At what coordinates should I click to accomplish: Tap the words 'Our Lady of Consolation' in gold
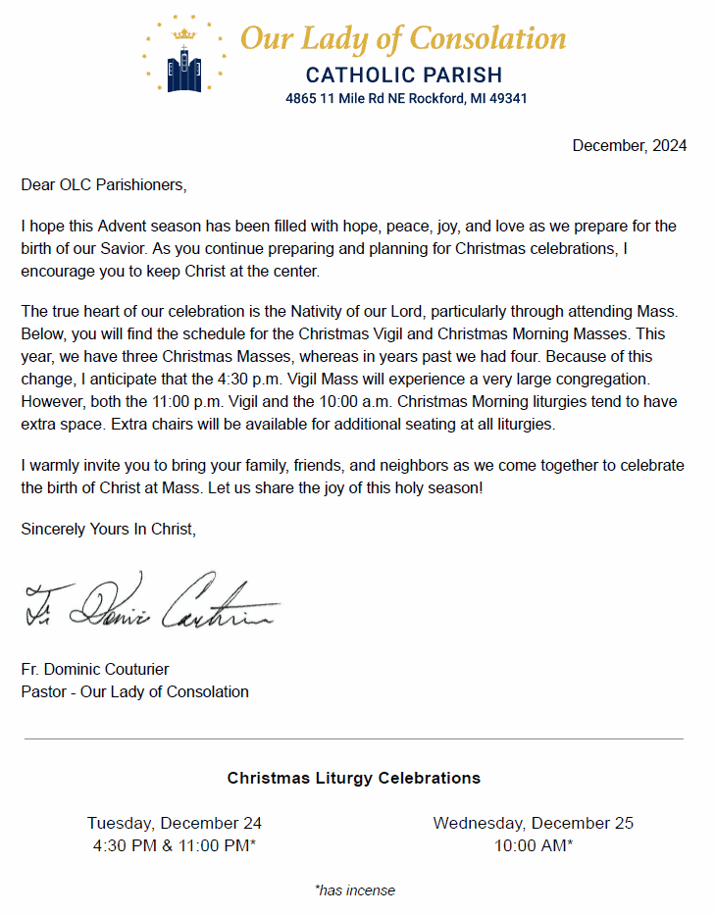coord(403,38)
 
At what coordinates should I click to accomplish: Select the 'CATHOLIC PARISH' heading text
coord(404,75)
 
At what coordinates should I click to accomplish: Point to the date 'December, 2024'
coord(629,146)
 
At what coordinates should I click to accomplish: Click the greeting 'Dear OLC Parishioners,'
coord(103,183)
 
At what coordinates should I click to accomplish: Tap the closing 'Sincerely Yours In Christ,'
coord(109,530)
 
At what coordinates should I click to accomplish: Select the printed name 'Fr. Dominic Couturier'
coord(95,670)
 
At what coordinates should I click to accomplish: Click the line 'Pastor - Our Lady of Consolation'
coord(134,692)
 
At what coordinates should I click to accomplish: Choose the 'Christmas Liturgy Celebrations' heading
coord(354,778)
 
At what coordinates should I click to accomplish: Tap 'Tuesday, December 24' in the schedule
coord(175,824)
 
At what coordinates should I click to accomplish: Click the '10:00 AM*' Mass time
coord(534,845)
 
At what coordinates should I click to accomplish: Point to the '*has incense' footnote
coord(355,890)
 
